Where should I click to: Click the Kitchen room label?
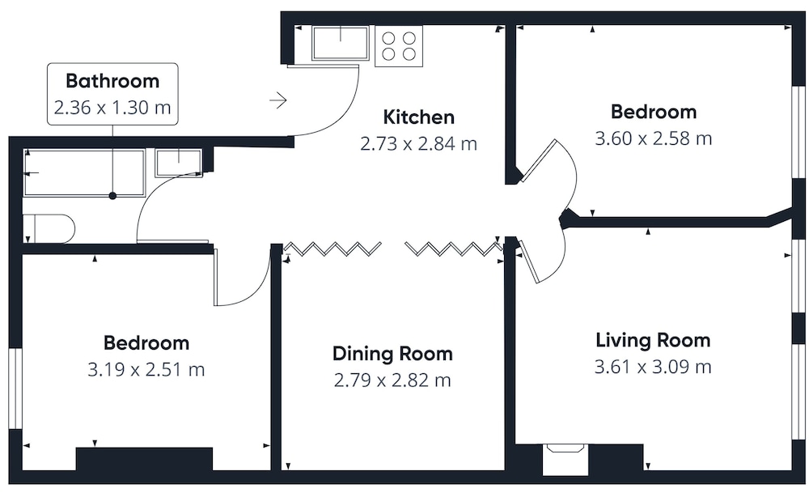[418, 117]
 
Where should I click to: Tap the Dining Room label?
[392, 354]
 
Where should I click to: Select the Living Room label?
[653, 340]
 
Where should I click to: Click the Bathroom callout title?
[112, 81]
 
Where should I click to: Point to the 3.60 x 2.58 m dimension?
[653, 138]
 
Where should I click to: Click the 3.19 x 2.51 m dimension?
[146, 370]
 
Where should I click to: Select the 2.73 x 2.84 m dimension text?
[418, 143]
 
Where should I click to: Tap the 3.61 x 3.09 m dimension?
[653, 367]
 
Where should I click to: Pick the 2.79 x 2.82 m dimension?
[392, 380]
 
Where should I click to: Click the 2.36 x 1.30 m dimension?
[112, 108]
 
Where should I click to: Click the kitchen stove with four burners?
[399, 46]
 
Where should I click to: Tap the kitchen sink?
[341, 44]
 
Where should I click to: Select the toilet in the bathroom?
[49, 228]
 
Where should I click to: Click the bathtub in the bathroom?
[83, 172]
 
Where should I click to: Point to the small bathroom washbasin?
[179, 162]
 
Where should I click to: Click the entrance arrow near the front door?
[278, 100]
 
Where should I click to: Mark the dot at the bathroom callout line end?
[112, 196]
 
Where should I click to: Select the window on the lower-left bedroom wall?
[15, 389]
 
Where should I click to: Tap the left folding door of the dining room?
[332, 249]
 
